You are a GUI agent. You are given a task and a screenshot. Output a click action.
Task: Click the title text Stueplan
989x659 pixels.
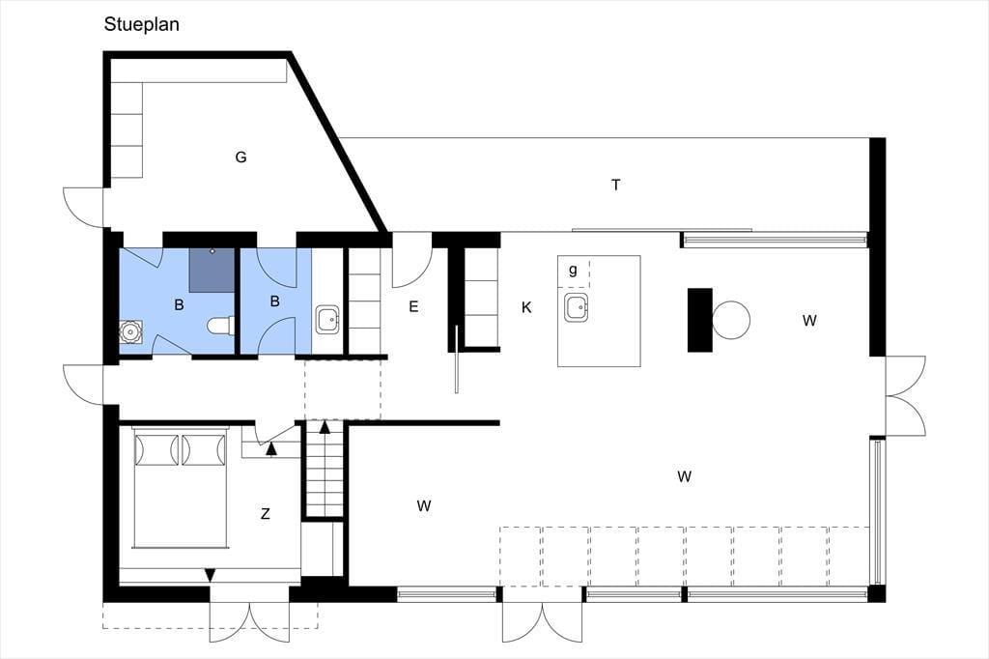(x=141, y=24)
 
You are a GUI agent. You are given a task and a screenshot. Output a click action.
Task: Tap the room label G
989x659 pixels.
(x=240, y=158)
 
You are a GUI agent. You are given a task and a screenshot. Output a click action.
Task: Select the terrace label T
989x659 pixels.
(x=616, y=185)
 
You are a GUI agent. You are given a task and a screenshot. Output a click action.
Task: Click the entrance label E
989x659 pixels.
(x=413, y=306)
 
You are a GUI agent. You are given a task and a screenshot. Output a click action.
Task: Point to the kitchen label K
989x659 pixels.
(x=526, y=307)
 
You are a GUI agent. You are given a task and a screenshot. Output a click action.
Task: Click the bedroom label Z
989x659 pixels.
(x=266, y=514)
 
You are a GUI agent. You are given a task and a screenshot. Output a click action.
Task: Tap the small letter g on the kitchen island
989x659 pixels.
(x=573, y=271)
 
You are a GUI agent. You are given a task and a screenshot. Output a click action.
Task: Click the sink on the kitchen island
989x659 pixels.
(x=578, y=306)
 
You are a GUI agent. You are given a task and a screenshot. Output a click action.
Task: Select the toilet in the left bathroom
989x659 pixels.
(x=221, y=326)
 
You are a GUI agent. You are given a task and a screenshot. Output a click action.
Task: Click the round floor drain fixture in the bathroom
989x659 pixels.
(x=130, y=332)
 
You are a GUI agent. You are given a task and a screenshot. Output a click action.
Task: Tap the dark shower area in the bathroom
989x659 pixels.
(x=212, y=271)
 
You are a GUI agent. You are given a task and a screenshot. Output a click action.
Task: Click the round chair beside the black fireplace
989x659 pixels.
(x=731, y=320)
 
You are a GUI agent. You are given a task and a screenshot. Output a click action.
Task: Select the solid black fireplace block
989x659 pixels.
(x=699, y=320)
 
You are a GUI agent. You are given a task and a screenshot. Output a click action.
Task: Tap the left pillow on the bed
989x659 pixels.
(x=156, y=449)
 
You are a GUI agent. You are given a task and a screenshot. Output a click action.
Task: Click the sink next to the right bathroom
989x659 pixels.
(x=328, y=320)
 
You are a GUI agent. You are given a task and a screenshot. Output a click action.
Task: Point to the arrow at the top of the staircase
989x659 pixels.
(x=325, y=427)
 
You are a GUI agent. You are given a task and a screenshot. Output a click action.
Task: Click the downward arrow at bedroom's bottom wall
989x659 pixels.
(x=210, y=574)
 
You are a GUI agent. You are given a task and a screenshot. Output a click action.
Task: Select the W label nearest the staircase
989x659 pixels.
(x=424, y=505)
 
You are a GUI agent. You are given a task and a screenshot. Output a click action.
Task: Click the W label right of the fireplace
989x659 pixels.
(x=809, y=321)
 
